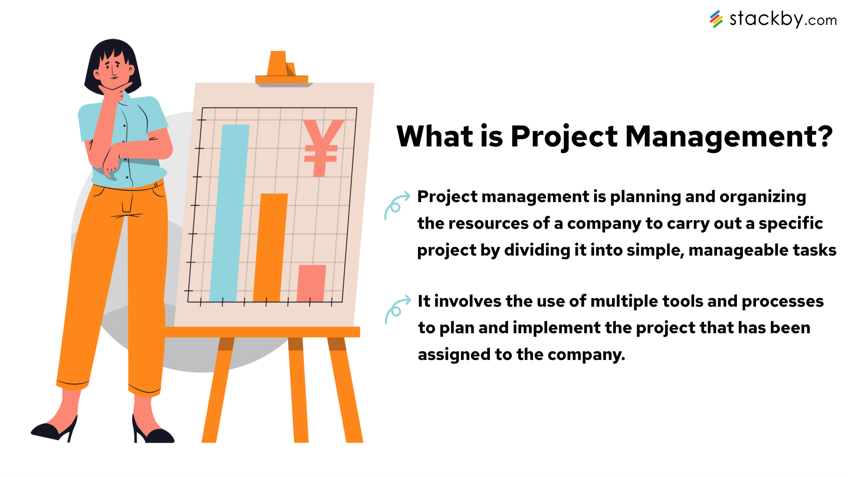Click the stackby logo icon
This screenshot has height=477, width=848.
click(x=716, y=19)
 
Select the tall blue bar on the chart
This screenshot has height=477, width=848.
click(x=229, y=213)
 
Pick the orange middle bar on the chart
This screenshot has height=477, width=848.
click(x=271, y=248)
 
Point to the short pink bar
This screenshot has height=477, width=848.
click(x=311, y=283)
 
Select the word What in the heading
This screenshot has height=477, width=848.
click(x=435, y=137)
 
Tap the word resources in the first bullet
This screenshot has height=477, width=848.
click(x=488, y=224)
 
